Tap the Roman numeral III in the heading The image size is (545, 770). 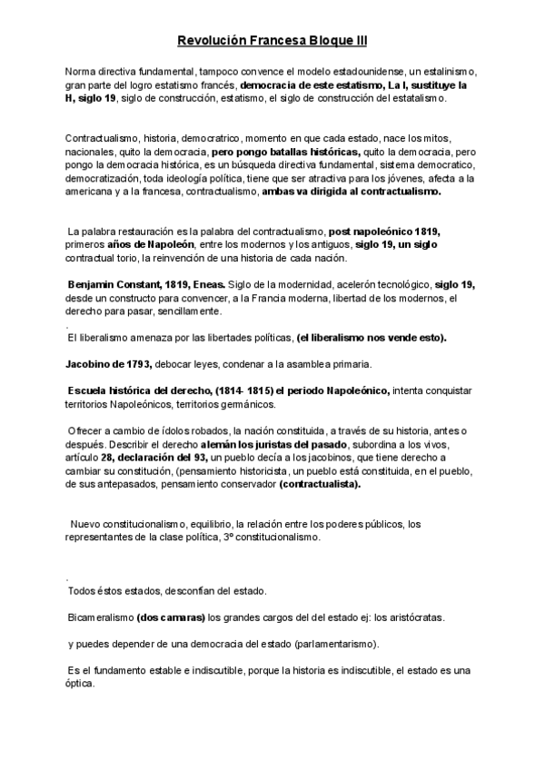click(x=359, y=41)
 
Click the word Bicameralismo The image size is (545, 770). click(x=100, y=617)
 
